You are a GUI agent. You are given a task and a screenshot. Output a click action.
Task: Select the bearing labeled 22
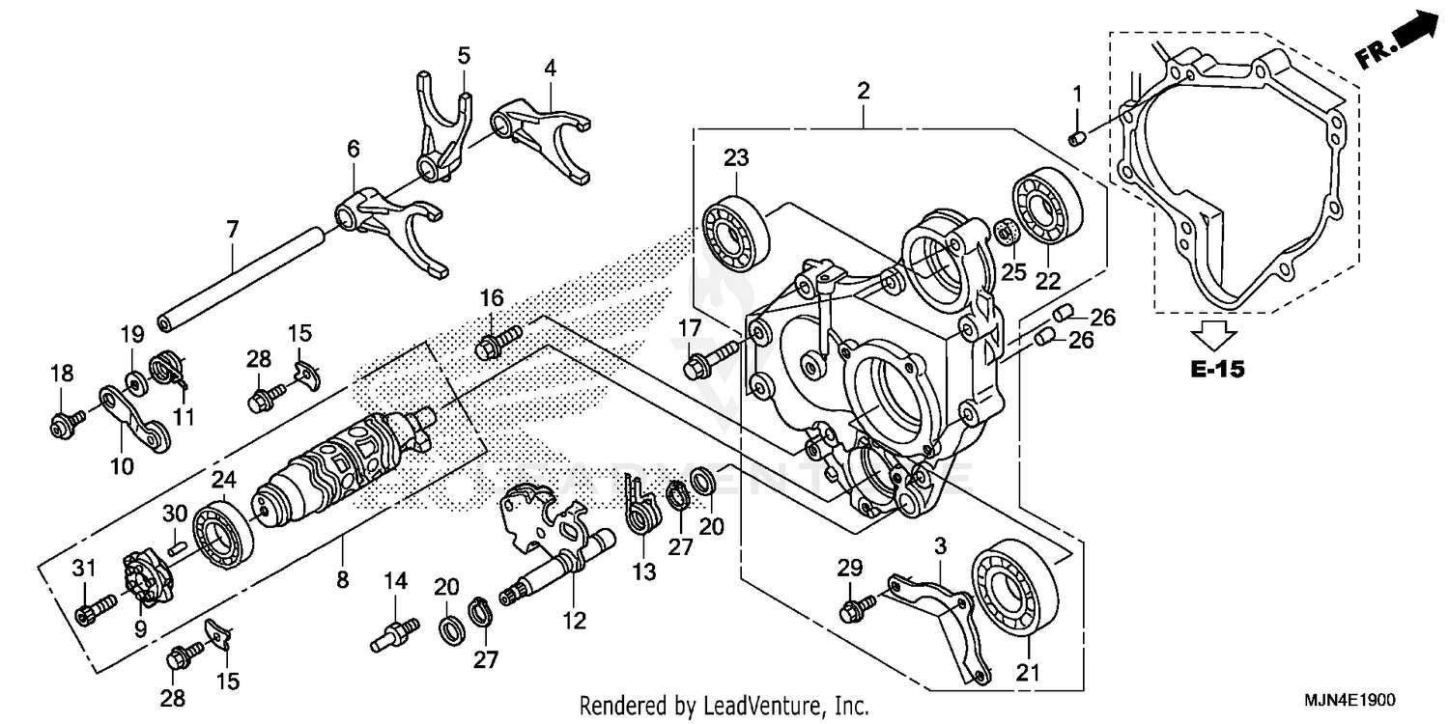click(1045, 208)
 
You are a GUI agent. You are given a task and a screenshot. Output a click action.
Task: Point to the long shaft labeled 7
click(241, 280)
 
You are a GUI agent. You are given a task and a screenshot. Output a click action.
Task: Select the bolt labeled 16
click(495, 342)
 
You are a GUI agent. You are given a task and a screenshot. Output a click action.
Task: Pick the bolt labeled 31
click(93, 609)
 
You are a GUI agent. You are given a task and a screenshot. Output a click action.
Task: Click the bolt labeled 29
click(857, 606)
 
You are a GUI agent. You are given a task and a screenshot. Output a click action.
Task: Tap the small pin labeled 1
click(1076, 139)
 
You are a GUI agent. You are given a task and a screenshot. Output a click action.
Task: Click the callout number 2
click(863, 92)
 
